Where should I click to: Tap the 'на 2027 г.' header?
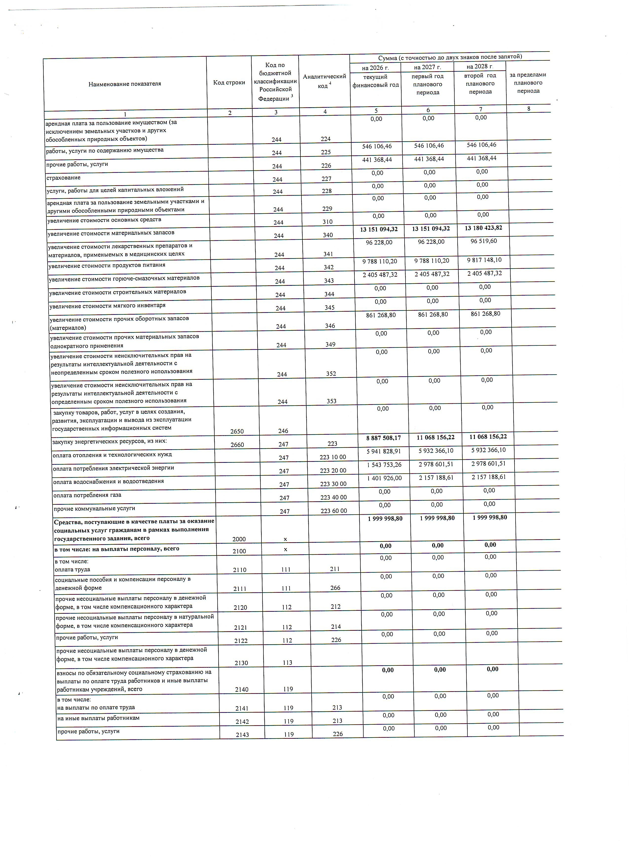(427, 67)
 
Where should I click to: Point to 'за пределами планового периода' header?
(528, 83)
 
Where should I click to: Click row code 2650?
(237, 431)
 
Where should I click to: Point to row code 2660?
(237, 445)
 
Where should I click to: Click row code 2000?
(239, 539)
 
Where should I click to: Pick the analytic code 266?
(335, 588)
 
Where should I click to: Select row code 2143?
(242, 735)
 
